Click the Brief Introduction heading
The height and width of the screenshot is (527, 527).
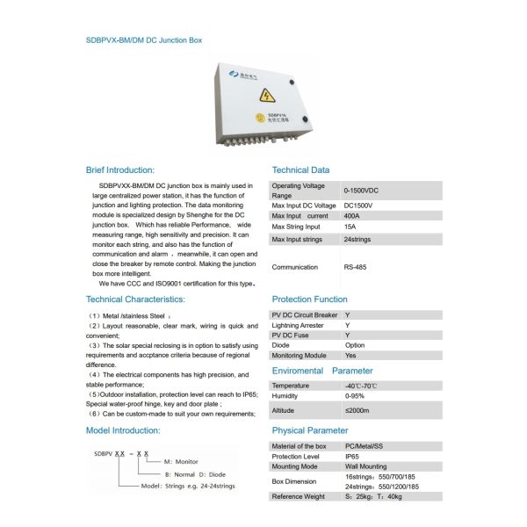tap(120, 170)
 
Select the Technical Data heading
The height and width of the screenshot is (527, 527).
tap(300, 170)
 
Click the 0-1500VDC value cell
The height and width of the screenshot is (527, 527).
tap(361, 190)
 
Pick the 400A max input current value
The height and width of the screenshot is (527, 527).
tap(352, 215)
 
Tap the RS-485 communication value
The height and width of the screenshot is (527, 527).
tap(356, 267)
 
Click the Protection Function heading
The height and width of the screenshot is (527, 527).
tap(309, 300)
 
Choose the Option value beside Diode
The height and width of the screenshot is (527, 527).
tap(355, 345)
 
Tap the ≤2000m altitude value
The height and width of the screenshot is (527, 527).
tap(358, 410)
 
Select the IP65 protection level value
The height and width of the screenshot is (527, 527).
tap(352, 457)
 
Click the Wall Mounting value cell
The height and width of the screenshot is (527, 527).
tap(367, 467)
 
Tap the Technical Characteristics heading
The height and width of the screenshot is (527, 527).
tap(135, 300)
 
